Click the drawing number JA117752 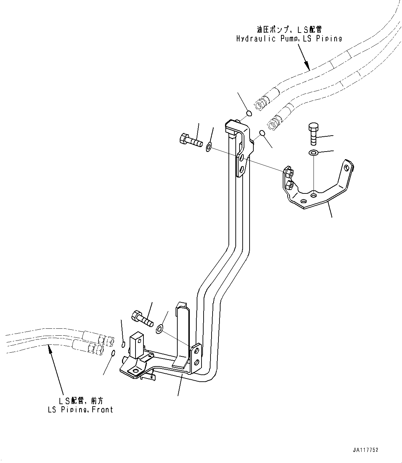(x=366, y=450)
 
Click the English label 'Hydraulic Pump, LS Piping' (x=289, y=38)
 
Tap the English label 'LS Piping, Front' (x=80, y=409)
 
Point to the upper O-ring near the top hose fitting (x=249, y=113)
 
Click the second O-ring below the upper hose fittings (x=262, y=133)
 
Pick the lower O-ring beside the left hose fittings (x=113, y=353)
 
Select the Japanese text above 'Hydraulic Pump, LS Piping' (x=289, y=30)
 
